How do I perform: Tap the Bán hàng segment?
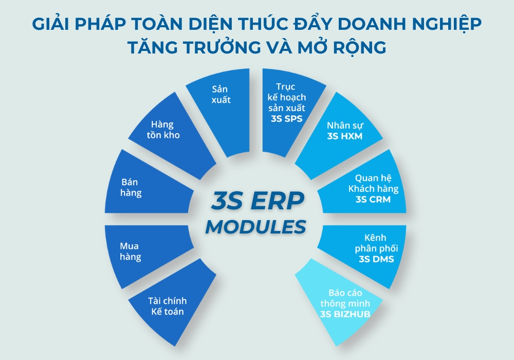tap(132, 188)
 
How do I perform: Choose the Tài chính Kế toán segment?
tap(167, 306)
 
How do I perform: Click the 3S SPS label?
tap(288, 118)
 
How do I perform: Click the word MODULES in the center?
tap(256, 226)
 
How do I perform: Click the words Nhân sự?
tap(345, 125)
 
